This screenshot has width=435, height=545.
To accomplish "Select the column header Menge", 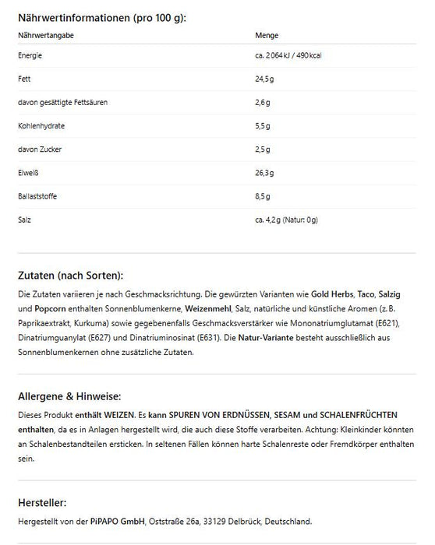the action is coord(267,35).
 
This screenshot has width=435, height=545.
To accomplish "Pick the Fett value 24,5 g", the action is coord(263,79).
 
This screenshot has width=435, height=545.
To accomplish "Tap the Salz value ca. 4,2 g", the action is coord(269,220).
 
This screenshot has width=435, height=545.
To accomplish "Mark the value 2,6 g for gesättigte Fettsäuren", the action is coord(262,103).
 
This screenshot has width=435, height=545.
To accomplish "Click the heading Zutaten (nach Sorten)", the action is coord(70,276).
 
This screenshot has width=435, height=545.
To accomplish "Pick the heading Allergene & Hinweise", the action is coord(69,396).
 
